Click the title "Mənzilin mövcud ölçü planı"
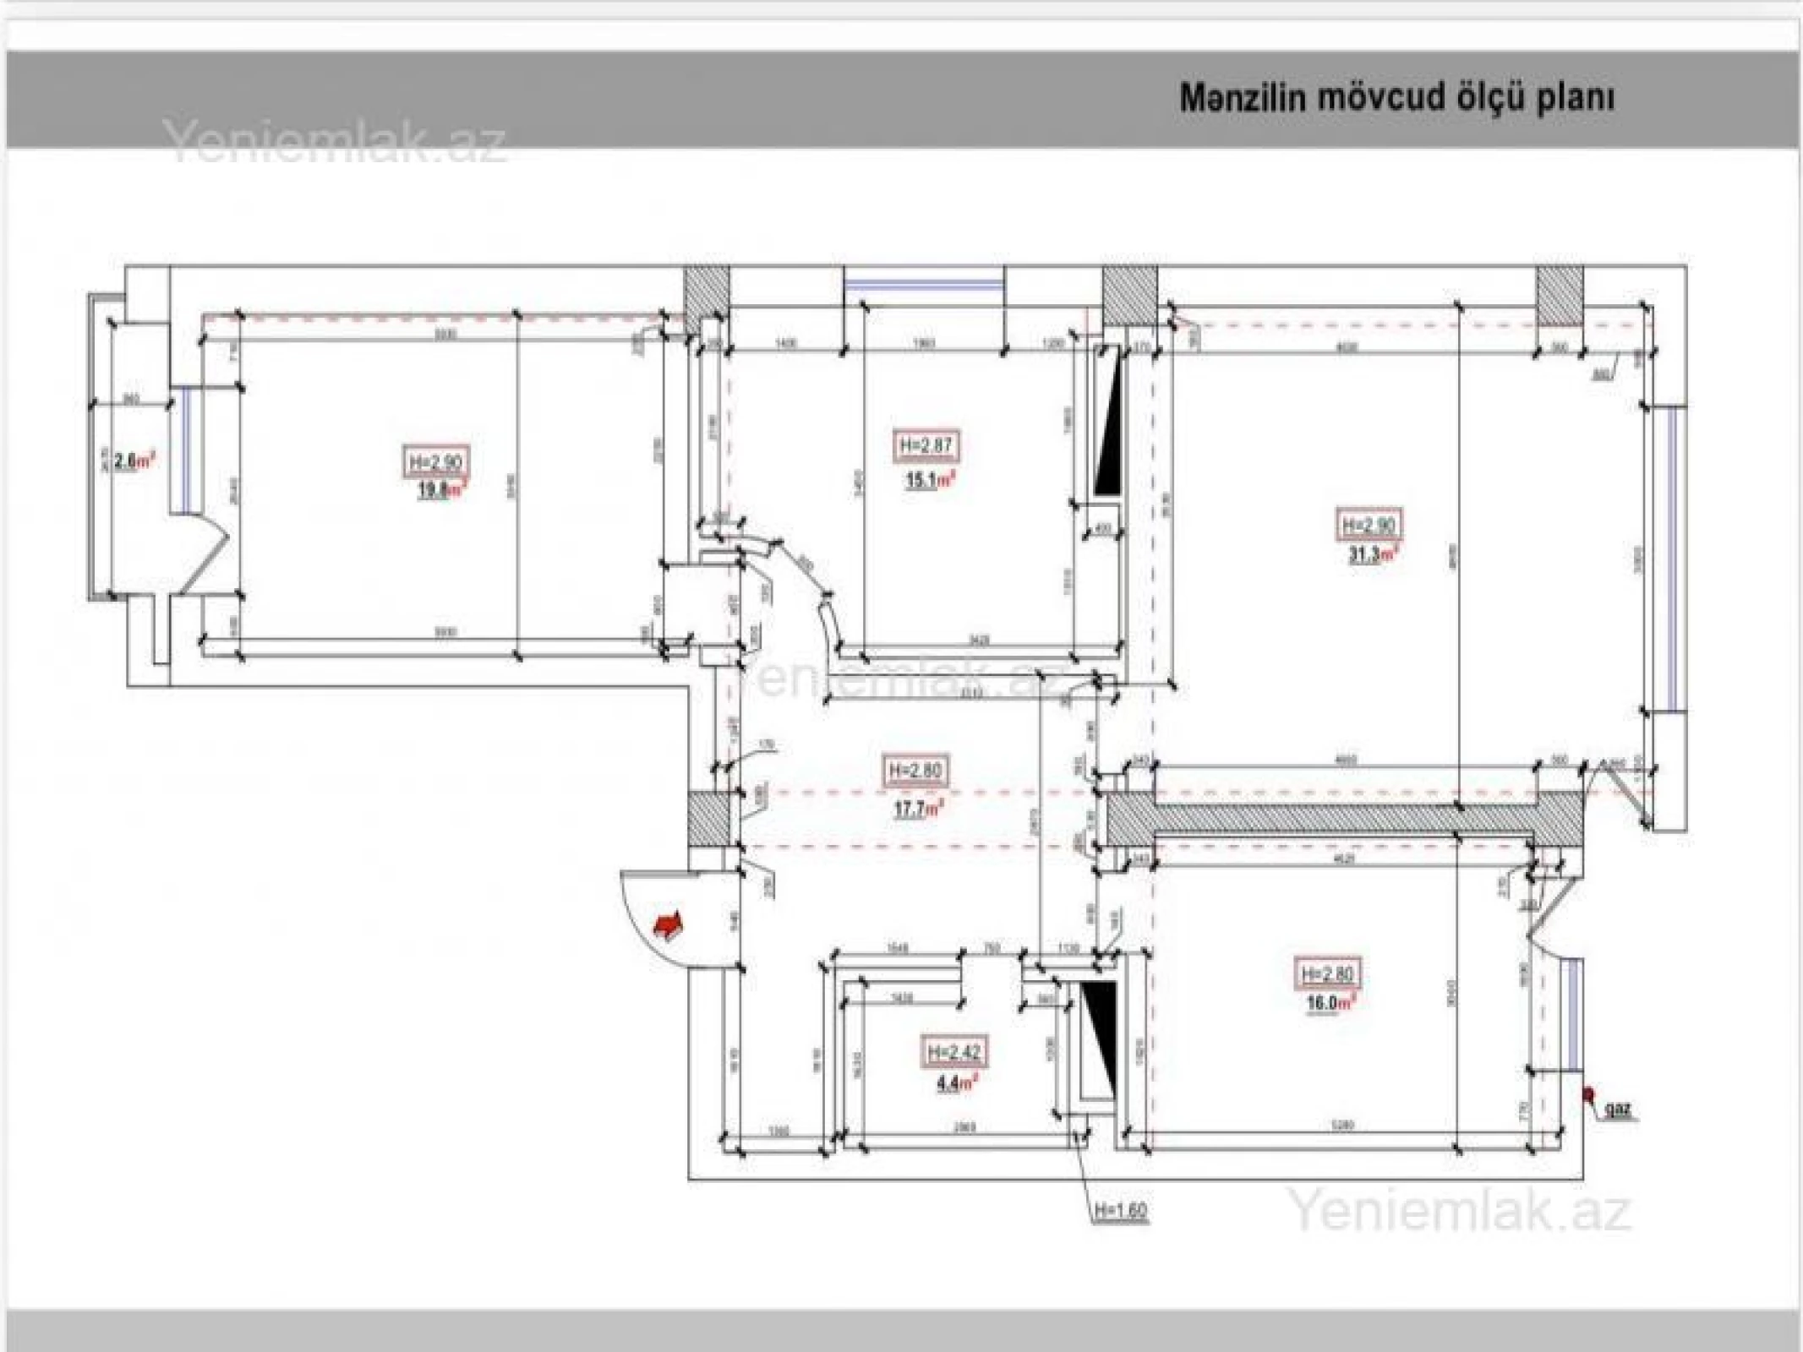click(1396, 99)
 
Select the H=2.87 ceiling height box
click(927, 445)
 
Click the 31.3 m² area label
click(1372, 555)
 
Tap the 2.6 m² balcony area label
click(136, 461)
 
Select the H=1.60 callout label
click(1121, 1211)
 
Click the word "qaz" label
click(1619, 1108)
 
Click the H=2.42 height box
click(953, 1053)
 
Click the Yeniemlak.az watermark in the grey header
click(335, 142)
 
